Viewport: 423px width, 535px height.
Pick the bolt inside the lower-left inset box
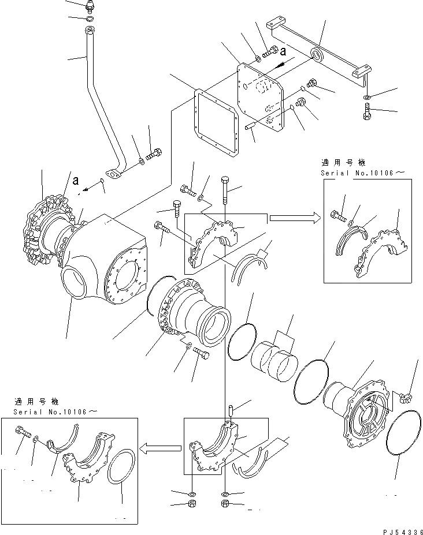click(23, 432)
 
